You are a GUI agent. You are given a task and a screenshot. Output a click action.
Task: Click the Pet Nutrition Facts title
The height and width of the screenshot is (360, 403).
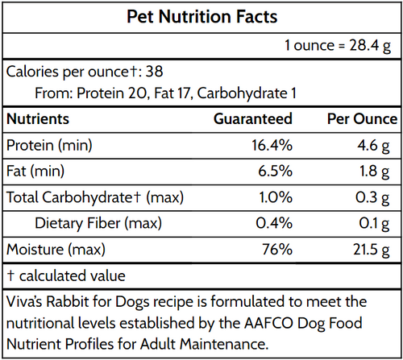[x=201, y=16]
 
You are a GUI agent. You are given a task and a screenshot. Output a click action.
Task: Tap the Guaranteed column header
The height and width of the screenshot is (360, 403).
[x=252, y=119]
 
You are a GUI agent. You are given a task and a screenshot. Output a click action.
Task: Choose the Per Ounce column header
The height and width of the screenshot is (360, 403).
[x=362, y=119]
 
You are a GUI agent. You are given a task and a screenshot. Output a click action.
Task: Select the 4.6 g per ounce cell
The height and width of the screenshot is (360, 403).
[x=380, y=146]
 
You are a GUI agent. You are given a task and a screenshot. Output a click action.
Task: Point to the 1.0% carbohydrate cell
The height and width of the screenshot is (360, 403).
[x=274, y=198]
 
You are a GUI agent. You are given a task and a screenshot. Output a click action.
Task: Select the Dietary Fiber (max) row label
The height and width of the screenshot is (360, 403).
[x=95, y=224]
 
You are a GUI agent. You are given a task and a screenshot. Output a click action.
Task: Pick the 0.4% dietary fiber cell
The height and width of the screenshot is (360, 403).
[x=274, y=224]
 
